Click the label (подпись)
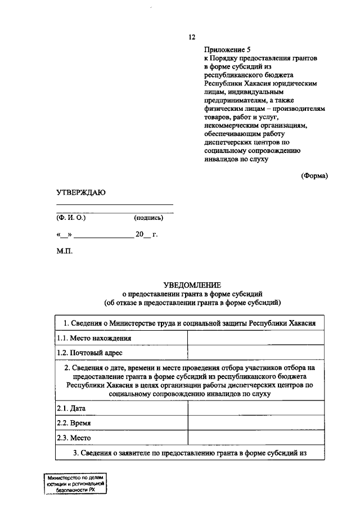(x=148, y=218)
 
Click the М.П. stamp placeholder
(x=64, y=251)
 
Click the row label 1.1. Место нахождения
(x=94, y=338)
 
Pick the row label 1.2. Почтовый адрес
(x=90, y=353)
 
